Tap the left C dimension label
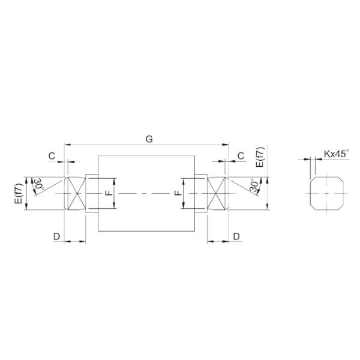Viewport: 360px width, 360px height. (52, 155)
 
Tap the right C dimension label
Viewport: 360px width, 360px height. (241, 155)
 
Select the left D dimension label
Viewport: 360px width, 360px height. (56, 236)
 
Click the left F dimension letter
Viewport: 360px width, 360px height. (107, 193)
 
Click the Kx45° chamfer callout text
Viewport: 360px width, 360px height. (336, 154)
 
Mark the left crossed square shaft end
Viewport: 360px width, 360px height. (76, 193)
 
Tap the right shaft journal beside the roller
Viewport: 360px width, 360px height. (201, 193)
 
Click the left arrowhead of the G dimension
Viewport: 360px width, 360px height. (67, 145)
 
